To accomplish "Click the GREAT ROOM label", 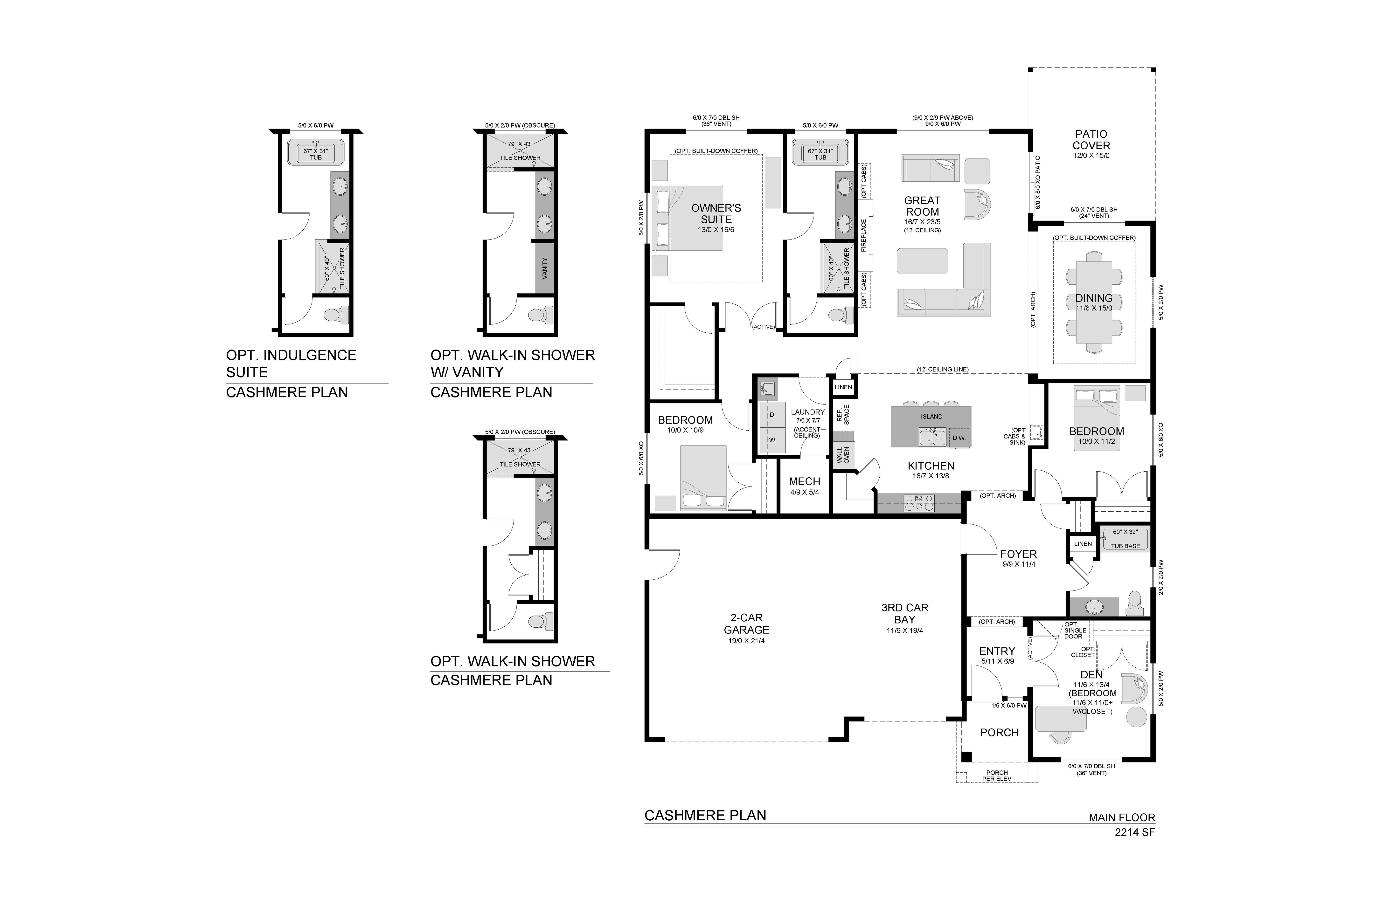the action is point(922,206).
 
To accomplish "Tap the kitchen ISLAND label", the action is point(931,416).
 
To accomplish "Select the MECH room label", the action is point(805,482).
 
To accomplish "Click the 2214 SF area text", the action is point(1135,832).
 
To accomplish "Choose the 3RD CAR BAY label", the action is point(905,614).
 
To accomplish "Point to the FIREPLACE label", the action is point(864,235).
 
